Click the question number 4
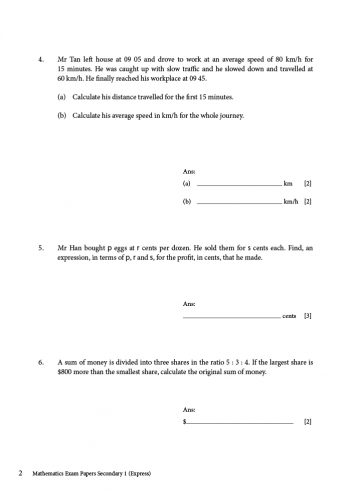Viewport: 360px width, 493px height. click(40, 59)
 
